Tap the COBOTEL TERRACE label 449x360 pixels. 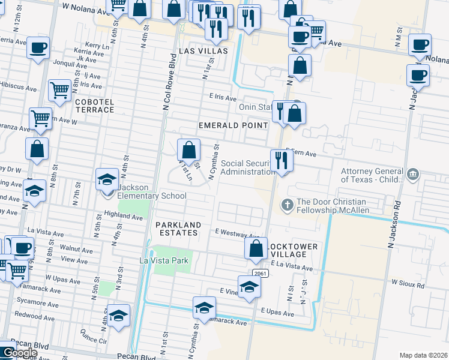[94, 107]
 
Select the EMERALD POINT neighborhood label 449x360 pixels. [234, 125]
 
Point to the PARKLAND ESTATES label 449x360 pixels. [177, 228]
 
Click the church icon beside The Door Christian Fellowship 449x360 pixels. [288, 205]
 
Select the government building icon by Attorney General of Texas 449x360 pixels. [412, 175]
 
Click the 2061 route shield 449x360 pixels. [260, 274]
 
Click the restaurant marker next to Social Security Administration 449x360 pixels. [281, 160]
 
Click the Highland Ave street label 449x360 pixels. [122, 214]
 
